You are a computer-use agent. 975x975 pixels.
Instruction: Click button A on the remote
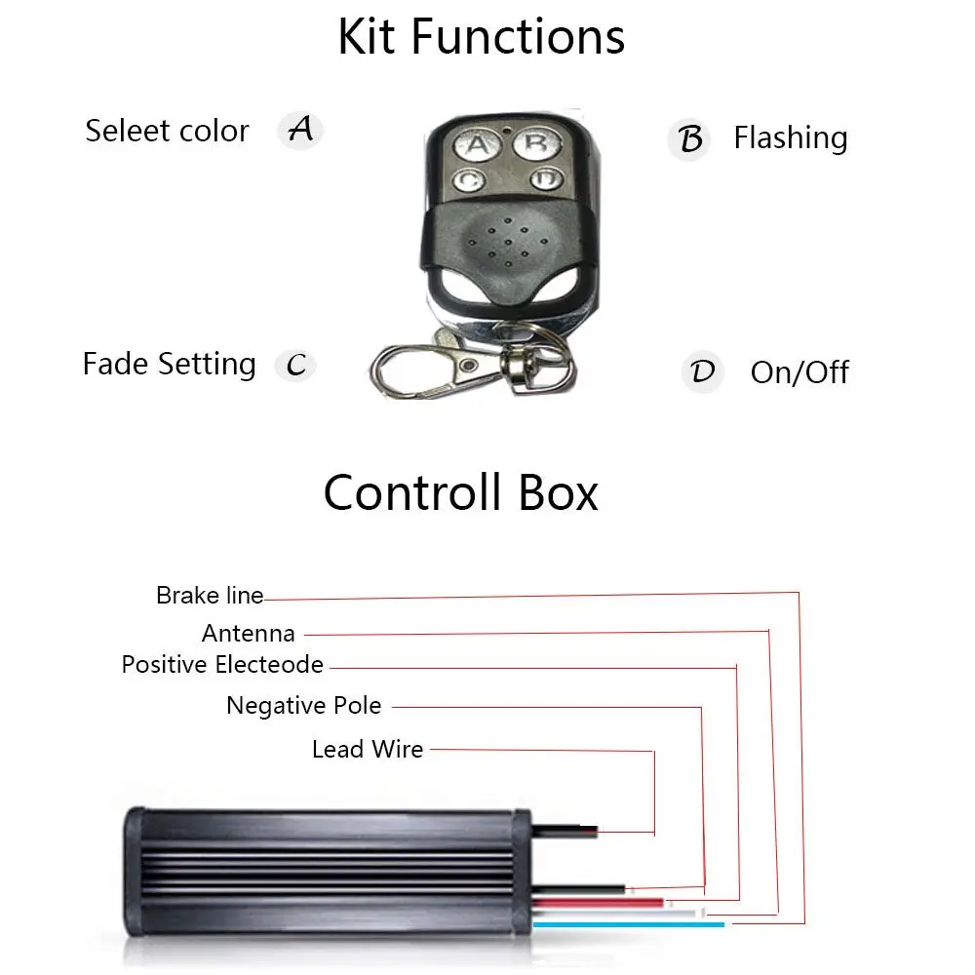click(477, 146)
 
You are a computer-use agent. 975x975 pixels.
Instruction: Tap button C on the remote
click(469, 180)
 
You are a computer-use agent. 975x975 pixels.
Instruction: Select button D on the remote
click(546, 179)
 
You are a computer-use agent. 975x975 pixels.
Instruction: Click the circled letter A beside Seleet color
click(300, 129)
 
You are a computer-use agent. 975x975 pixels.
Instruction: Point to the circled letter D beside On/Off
click(702, 372)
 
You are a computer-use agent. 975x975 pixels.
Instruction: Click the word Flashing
click(790, 138)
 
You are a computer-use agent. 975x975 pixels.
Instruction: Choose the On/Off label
click(799, 372)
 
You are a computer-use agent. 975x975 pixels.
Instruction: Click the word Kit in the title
click(369, 37)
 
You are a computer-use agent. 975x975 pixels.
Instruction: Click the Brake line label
click(210, 595)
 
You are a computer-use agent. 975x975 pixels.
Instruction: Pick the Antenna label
click(248, 633)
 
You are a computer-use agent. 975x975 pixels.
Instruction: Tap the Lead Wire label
click(368, 750)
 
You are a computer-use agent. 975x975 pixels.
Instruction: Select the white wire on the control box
click(682, 911)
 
